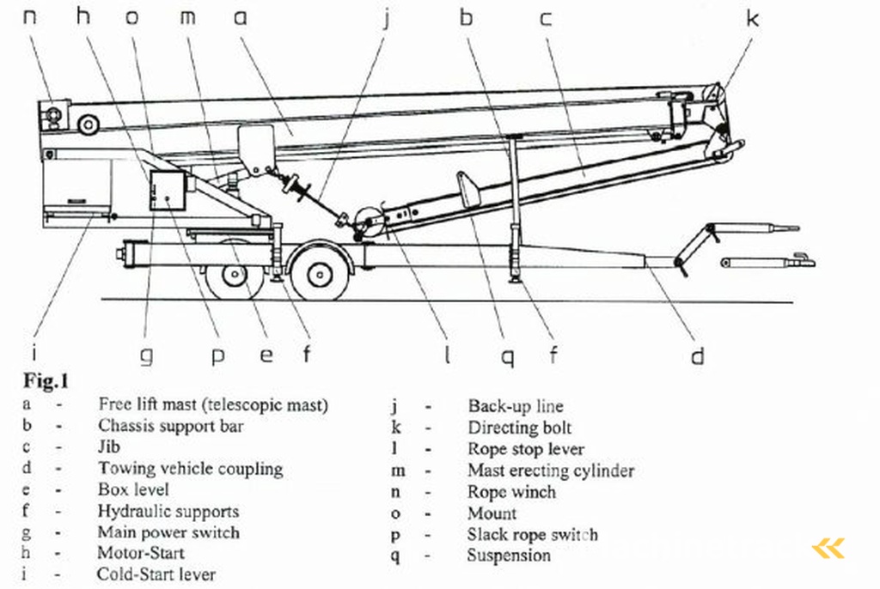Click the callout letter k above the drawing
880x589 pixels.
(752, 18)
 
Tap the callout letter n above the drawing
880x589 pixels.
(30, 16)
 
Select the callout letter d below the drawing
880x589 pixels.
(698, 355)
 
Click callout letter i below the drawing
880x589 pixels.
(34, 352)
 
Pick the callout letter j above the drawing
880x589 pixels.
(386, 18)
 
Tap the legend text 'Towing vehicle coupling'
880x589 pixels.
(190, 469)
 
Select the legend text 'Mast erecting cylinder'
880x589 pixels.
(551, 471)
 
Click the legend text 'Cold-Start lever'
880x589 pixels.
(156, 574)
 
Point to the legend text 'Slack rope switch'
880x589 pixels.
(532, 534)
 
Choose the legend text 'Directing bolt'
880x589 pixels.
(519, 428)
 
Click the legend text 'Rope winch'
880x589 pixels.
(511, 492)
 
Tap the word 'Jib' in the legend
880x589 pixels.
(109, 446)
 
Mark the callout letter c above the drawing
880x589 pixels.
(546, 17)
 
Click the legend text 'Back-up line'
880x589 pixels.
(516, 406)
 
